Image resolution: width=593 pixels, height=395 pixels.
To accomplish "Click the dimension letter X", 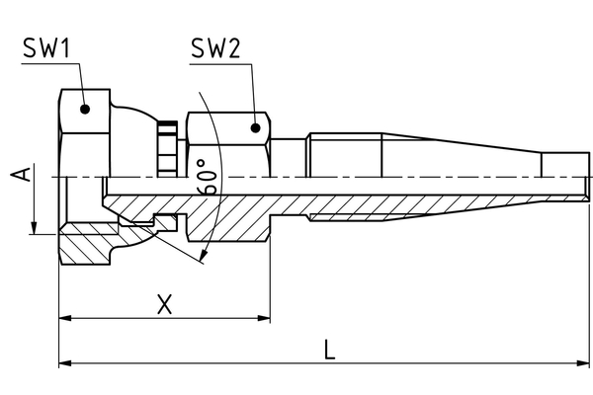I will (x=165, y=303).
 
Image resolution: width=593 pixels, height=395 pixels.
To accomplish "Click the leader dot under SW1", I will (x=86, y=111).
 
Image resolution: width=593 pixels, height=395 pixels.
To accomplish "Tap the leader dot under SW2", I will (x=257, y=127).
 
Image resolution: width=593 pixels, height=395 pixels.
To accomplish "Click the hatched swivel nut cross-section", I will (x=89, y=243).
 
